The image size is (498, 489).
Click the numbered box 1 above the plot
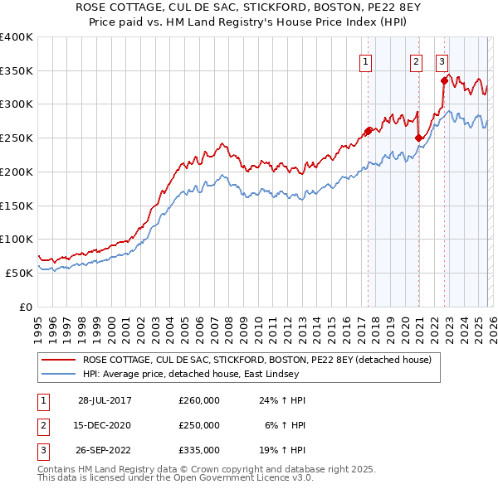coord(365,61)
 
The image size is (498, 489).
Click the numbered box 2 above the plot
coord(415,61)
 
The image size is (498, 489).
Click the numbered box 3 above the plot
coord(442,61)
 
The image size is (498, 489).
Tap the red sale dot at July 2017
coord(368,130)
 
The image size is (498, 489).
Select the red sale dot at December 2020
coord(419,138)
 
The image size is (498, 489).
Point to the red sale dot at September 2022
coord(445,80)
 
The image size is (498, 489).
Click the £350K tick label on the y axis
coord(17,70)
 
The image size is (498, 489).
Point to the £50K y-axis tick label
coord(19,273)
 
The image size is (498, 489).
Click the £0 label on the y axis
coord(26,307)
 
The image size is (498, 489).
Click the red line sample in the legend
coord(60,361)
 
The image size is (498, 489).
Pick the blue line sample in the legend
coord(60,374)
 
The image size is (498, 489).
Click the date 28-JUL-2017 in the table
coord(105,400)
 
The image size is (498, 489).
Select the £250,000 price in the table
coord(198,425)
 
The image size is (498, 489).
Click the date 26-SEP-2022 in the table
coord(105,450)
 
